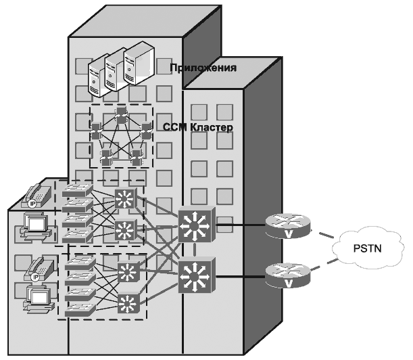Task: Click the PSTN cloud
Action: pyautogui.click(x=367, y=251)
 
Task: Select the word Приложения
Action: pyautogui.click(x=212, y=68)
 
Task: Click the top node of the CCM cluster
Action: pyautogui.click(x=122, y=111)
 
